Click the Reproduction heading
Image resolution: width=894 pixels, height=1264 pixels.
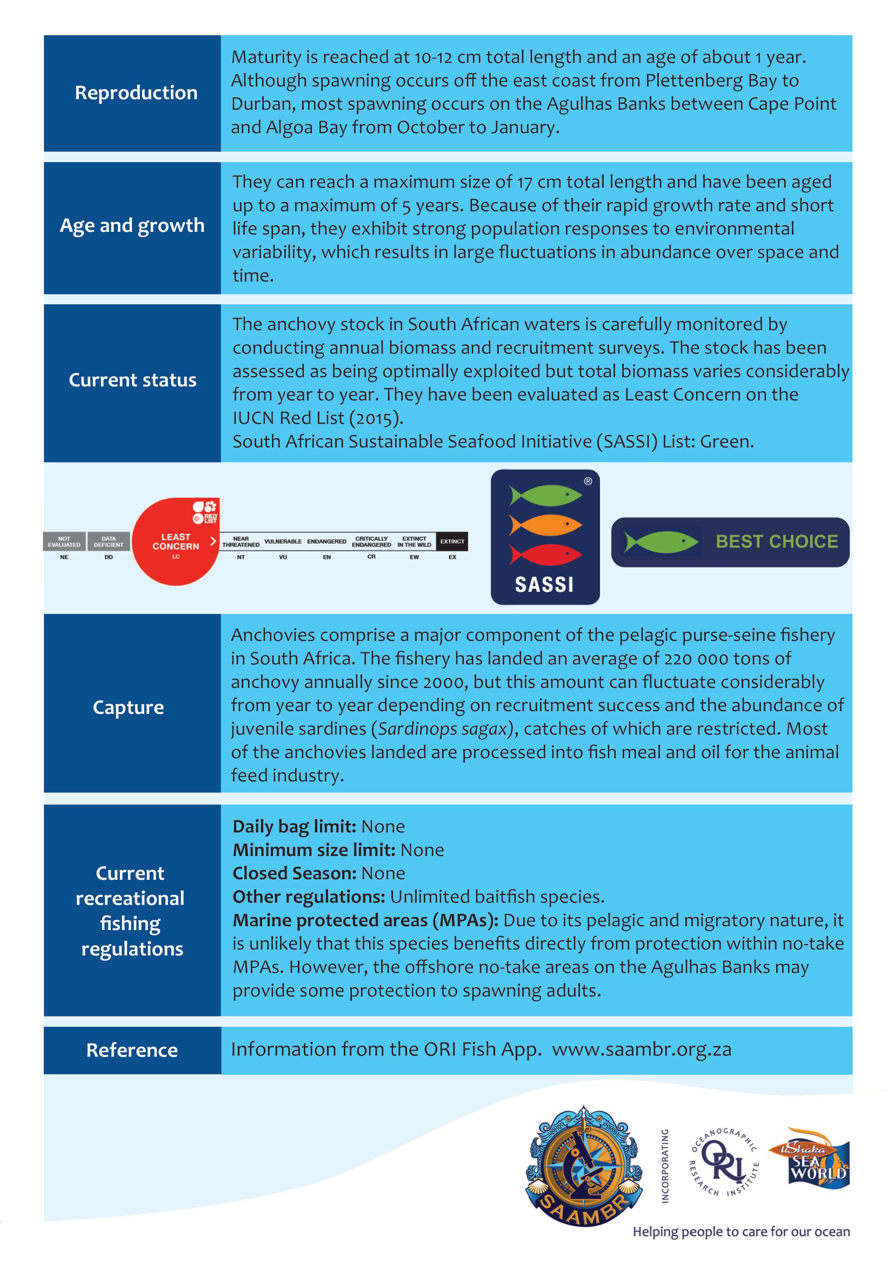(x=136, y=93)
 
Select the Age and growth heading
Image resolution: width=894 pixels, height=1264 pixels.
(x=132, y=226)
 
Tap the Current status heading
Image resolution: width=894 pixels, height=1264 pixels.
(x=132, y=380)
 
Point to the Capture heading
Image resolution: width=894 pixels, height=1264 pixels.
(x=128, y=707)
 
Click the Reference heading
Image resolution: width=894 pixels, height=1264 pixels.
(x=132, y=1051)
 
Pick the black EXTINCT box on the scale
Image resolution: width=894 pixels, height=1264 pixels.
(x=452, y=541)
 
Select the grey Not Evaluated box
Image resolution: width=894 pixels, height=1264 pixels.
(x=64, y=541)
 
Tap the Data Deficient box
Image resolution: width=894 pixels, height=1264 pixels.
(x=109, y=541)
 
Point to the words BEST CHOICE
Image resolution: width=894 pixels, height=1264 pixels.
(x=776, y=541)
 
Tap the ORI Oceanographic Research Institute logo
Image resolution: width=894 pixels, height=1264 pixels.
(x=724, y=1162)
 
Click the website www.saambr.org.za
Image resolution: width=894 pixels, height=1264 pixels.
(x=642, y=1050)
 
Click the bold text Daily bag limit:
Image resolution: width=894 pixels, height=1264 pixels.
(x=295, y=827)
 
